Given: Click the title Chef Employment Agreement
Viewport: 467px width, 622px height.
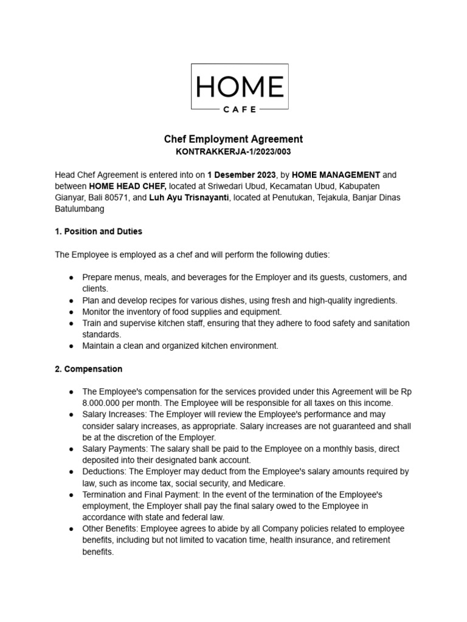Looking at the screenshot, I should click(233, 139).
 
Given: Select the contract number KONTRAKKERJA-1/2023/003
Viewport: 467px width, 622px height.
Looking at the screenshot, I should click(233, 151).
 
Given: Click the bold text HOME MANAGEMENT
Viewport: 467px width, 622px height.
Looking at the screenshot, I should click(336, 174).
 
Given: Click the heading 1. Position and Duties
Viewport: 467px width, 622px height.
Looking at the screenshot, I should click(99, 231).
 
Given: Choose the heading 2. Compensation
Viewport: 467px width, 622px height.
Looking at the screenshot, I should click(89, 369).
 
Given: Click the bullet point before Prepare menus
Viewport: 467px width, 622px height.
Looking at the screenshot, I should click(71, 278).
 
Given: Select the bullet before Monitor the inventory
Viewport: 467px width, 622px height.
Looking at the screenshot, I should click(71, 312).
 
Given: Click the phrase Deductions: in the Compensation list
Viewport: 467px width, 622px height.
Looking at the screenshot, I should click(104, 471).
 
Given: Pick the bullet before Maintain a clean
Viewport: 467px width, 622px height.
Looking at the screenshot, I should click(71, 346).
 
